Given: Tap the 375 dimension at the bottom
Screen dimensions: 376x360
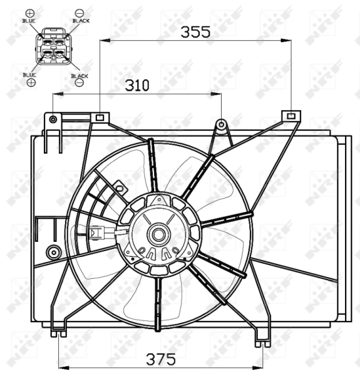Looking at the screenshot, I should pyautogui.click(x=161, y=360).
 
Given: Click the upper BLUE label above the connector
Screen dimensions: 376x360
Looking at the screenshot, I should pyautogui.click(x=29, y=21).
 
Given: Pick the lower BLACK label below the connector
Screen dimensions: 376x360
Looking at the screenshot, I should pyautogui.click(x=80, y=76).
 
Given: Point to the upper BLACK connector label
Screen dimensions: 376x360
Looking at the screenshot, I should pyautogui.click(x=80, y=21).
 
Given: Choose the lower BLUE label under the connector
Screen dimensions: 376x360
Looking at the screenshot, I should pyautogui.click(x=29, y=75).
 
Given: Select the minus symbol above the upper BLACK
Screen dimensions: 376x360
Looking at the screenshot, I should pyautogui.click(x=80, y=13).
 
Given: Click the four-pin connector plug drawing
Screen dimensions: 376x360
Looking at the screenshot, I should pyautogui.click(x=53, y=48).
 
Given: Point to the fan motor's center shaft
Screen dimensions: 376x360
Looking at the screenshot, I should pyautogui.click(x=158, y=236).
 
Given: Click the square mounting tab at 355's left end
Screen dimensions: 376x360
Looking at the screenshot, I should pyautogui.click(x=100, y=117).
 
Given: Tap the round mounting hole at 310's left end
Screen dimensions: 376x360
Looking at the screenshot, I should pyautogui.click(x=54, y=118).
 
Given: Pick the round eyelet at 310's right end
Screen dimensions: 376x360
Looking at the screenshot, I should pyautogui.click(x=221, y=124).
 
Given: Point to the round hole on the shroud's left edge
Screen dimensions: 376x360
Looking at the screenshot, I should pyautogui.click(x=53, y=253).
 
